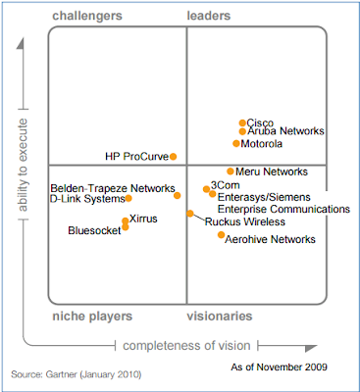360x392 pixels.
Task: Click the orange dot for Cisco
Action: point(242,122)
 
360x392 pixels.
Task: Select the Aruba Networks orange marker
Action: point(242,131)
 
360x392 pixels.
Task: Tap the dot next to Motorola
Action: point(236,143)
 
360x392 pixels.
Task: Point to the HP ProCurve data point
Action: point(174,157)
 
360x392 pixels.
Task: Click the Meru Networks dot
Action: point(231,171)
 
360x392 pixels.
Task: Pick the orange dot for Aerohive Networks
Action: point(222,234)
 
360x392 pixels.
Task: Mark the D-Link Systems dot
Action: point(129,198)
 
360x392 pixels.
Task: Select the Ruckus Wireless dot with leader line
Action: point(190,214)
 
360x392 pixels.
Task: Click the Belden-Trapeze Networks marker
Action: point(178,195)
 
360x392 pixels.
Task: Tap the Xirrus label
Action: point(143,219)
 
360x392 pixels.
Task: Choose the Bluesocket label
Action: point(94,230)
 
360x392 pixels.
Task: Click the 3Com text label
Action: point(226,185)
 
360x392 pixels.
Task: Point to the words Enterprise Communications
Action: point(283,209)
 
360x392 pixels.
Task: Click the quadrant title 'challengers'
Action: point(87,16)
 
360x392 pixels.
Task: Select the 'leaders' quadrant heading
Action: point(209,16)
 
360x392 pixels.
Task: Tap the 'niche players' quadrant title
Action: point(92,317)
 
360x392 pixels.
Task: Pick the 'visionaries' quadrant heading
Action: point(220,317)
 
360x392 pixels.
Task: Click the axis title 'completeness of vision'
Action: point(186,346)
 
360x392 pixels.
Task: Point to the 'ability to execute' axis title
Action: point(23,165)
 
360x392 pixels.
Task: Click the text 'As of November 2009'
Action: point(280,367)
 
